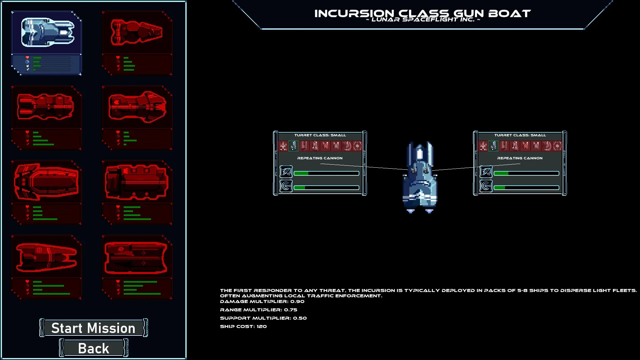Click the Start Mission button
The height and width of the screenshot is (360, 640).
point(94,328)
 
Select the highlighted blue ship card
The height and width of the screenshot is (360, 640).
point(47,43)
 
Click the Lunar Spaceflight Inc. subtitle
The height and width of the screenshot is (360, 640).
point(423,20)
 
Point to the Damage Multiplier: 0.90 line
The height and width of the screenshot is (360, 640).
point(262,301)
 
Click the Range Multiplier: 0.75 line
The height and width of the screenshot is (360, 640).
point(258,310)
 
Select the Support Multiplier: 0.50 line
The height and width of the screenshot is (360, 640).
point(263,318)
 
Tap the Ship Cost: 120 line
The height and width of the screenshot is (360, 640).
point(243,326)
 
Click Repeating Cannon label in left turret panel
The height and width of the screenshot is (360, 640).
point(320,158)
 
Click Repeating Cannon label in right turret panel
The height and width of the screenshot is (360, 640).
point(520,158)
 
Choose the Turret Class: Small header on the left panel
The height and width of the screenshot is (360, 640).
point(320,135)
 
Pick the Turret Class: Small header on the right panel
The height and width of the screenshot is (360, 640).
point(520,135)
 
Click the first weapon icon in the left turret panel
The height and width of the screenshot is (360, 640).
point(283,146)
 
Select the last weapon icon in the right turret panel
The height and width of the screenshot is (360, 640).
point(557,146)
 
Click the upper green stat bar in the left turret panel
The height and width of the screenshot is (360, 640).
point(326,173)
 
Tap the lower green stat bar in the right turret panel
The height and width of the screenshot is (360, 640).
point(526,188)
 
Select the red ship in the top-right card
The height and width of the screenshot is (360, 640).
point(137,32)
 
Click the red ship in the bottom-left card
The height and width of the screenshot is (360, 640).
point(47,257)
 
